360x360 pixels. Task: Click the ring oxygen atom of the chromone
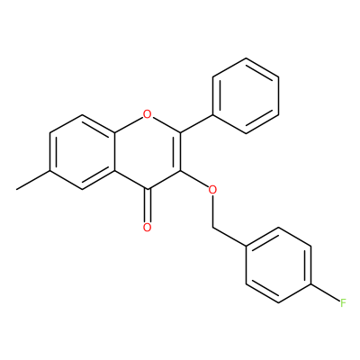tap(147, 114)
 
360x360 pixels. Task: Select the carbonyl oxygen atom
tap(147, 227)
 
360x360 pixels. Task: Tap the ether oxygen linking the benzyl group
tap(212, 190)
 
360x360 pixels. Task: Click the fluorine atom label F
tap(343, 303)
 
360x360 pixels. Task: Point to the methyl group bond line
tap(33, 180)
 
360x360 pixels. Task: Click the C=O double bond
tap(147, 206)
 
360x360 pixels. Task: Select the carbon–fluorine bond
tap(326, 292)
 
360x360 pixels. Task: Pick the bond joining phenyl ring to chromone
tap(196, 123)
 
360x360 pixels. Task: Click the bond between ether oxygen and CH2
tap(212, 211)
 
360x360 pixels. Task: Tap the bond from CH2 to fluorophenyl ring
tap(229, 237)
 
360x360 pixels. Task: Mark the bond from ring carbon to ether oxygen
tap(194, 179)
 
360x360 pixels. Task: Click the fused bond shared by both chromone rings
tap(114, 151)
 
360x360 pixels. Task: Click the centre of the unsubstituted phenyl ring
tap(246, 95)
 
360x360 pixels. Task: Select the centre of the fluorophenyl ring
tap(278, 265)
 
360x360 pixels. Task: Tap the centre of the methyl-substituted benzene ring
tap(83, 151)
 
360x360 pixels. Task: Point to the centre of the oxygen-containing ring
tap(147, 151)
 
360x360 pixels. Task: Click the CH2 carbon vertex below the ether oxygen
tap(212, 228)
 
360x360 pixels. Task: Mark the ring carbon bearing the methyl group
tap(50, 170)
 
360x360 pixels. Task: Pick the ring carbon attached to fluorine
tap(311, 283)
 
